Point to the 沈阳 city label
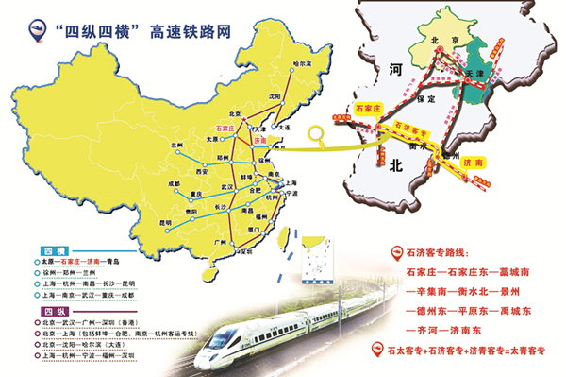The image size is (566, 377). coord(275,95)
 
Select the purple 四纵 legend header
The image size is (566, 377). coord(54,310)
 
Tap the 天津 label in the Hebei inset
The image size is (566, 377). coord(474,72)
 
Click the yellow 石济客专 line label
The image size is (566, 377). coord(413,127)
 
